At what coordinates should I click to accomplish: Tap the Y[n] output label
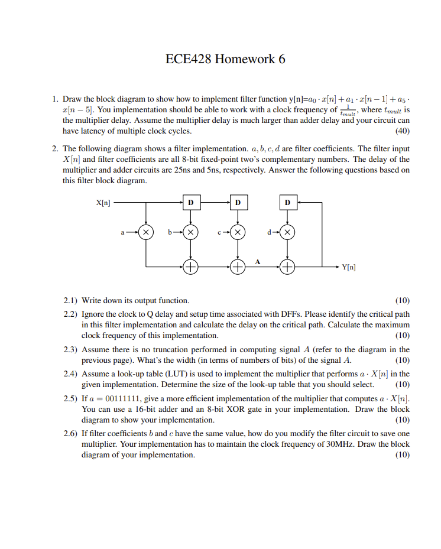[349, 267]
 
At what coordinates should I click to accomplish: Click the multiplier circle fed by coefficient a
[145, 232]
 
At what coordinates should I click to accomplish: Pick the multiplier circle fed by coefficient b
[190, 232]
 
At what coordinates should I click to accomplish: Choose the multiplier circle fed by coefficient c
[238, 232]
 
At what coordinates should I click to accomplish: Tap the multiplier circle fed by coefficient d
[287, 232]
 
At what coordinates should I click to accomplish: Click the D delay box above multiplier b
[190, 202]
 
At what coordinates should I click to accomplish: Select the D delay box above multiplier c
[238, 202]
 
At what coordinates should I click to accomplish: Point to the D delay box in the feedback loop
[287, 202]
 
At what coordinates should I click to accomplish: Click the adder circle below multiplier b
[190, 267]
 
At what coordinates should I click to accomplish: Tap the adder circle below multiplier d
[287, 267]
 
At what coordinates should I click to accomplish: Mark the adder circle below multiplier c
[238, 267]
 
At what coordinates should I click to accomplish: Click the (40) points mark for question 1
[402, 131]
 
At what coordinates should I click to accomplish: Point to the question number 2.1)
[71, 300]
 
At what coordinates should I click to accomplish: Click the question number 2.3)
[71, 349]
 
